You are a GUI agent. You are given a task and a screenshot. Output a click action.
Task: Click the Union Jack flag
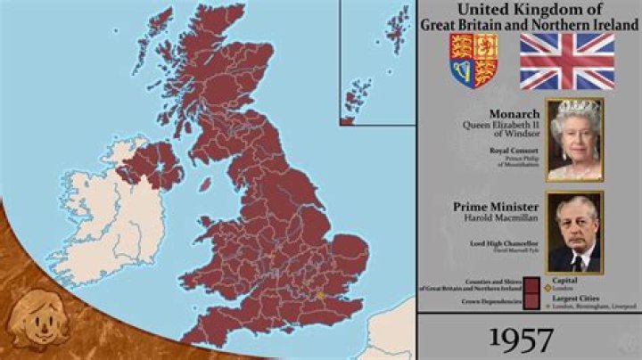pyautogui.click(x=567, y=61)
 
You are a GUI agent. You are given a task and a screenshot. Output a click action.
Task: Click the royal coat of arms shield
pyautogui.click(x=473, y=61)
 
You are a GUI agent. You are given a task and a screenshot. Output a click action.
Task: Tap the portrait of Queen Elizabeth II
pyautogui.click(x=574, y=140)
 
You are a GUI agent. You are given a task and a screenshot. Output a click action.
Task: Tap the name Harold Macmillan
pyautogui.click(x=498, y=218)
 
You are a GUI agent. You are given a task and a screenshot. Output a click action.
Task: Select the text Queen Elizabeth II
pyautogui.click(x=503, y=126)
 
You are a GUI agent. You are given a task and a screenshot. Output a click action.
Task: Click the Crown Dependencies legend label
pyautogui.click(x=494, y=301)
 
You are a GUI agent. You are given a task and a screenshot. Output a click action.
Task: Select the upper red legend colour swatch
pyautogui.click(x=531, y=285)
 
